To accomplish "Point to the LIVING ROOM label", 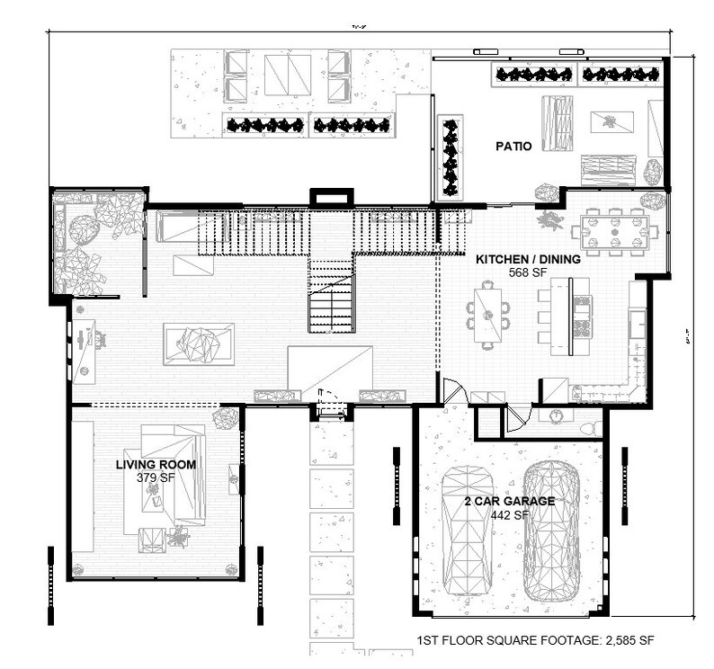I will tap(156, 465).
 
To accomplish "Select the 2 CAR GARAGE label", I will tap(510, 502).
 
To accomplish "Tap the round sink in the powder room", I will tap(556, 415).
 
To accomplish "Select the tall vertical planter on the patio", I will tap(450, 157).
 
